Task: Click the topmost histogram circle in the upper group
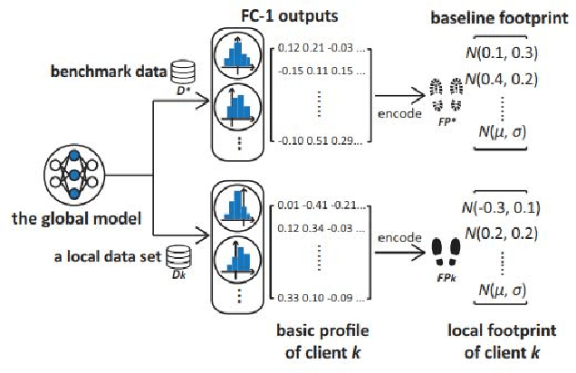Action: [x=235, y=53]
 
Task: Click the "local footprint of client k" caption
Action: [x=499, y=340]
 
